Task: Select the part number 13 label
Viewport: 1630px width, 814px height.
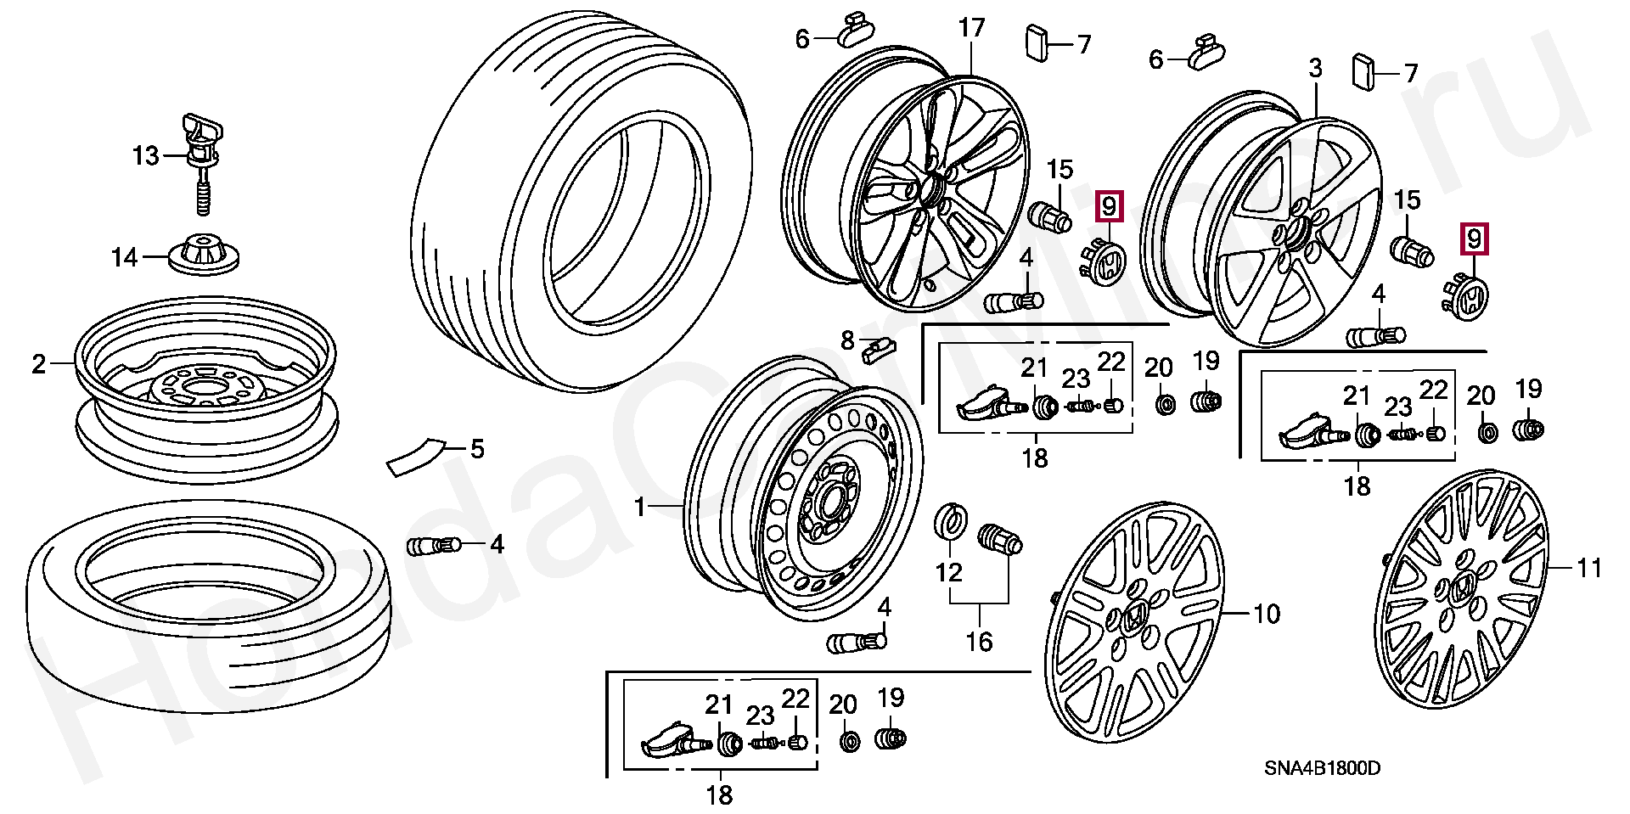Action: [146, 156]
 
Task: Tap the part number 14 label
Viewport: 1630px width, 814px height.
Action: [125, 256]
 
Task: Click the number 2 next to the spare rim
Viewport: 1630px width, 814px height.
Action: [38, 365]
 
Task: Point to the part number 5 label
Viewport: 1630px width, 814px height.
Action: [477, 448]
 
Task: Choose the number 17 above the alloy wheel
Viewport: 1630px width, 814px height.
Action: [971, 28]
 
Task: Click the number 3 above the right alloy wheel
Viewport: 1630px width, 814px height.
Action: [1315, 68]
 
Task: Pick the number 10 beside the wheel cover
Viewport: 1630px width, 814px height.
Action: [1267, 613]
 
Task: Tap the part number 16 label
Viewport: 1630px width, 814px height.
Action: [979, 641]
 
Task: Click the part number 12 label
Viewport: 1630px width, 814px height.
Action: [948, 572]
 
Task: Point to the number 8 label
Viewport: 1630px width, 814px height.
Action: [846, 340]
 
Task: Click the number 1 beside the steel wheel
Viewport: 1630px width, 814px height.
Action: [641, 508]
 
